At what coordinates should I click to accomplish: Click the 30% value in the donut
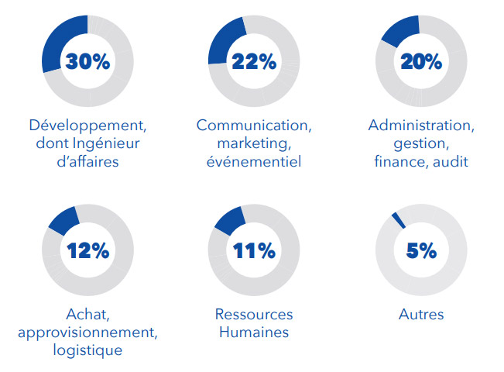(x=87, y=62)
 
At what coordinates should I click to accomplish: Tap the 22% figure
(x=253, y=62)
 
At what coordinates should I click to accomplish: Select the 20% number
(x=420, y=62)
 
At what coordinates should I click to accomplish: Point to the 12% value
(x=87, y=250)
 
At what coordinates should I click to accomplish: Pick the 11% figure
(x=253, y=250)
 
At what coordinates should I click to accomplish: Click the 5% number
(x=420, y=250)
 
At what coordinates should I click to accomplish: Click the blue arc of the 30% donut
(x=56, y=39)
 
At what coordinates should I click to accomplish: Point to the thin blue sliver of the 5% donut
(x=398, y=220)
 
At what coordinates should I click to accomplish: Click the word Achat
(x=87, y=315)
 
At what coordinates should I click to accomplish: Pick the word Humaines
(x=253, y=332)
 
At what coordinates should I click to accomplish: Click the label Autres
(x=420, y=315)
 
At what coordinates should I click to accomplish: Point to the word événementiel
(x=253, y=162)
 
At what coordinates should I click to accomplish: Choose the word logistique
(x=87, y=350)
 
